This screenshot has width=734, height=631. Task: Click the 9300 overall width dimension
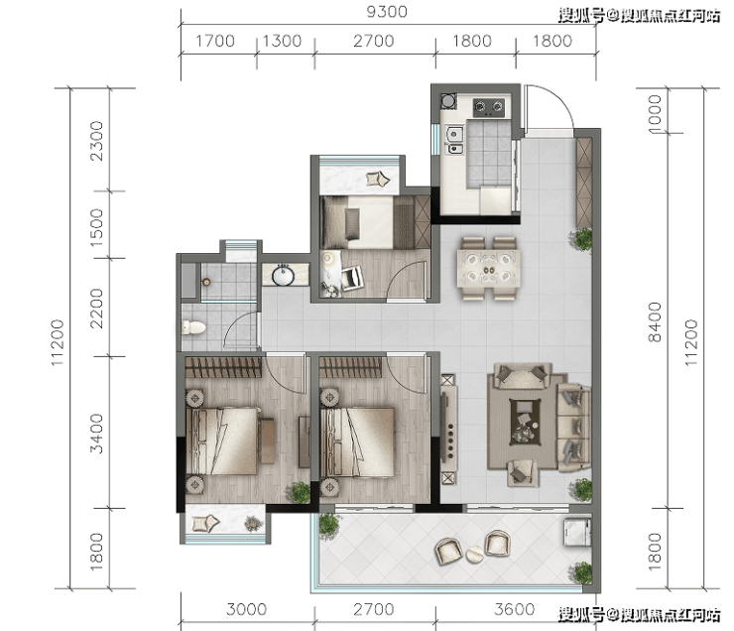pyautogui.click(x=387, y=12)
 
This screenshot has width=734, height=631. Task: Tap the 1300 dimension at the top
pyautogui.click(x=282, y=41)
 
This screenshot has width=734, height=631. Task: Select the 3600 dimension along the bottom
pyautogui.click(x=514, y=609)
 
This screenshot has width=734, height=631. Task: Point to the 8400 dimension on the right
pyautogui.click(x=655, y=321)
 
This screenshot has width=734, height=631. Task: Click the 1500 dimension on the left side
pyautogui.click(x=96, y=227)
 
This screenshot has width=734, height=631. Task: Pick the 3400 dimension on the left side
pyautogui.click(x=96, y=433)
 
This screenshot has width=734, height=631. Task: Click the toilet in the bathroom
pyautogui.click(x=193, y=326)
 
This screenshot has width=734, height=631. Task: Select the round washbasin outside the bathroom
pyautogui.click(x=284, y=274)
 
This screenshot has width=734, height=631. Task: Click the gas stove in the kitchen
pyautogui.click(x=489, y=107)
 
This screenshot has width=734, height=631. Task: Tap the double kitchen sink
pyautogui.click(x=454, y=141)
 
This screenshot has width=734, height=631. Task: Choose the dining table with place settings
pyautogui.click(x=489, y=269)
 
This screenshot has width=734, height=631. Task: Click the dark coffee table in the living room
pyautogui.click(x=525, y=422)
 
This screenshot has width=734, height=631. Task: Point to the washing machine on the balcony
pyautogui.click(x=577, y=532)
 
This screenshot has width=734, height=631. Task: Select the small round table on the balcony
pyautogui.click(x=475, y=555)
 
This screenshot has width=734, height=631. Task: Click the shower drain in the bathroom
pyautogui.click(x=205, y=282)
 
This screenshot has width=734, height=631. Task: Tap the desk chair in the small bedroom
pyautogui.click(x=352, y=277)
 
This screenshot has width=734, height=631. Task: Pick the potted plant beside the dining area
pyautogui.click(x=581, y=239)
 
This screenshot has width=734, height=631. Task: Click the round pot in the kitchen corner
pyautogui.click(x=448, y=100)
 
